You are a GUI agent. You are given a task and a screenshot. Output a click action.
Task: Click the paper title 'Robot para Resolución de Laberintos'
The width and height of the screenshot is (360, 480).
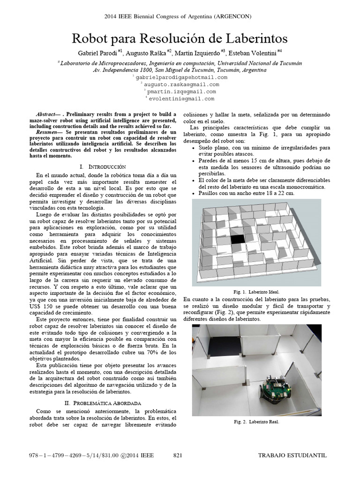point(180,37)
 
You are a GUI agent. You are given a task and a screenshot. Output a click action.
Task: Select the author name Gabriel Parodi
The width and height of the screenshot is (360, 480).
point(95,52)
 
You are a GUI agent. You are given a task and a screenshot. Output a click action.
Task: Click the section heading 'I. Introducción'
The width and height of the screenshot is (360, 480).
point(104,166)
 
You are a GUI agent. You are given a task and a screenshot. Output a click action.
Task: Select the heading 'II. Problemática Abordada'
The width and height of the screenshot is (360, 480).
point(104,403)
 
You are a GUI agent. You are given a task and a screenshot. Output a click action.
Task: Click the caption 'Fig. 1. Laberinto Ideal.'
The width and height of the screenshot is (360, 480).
point(256,291)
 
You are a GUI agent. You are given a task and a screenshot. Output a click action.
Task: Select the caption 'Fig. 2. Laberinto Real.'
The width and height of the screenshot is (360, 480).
point(256,422)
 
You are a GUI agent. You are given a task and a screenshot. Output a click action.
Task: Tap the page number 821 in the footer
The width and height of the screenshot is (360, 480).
point(178,455)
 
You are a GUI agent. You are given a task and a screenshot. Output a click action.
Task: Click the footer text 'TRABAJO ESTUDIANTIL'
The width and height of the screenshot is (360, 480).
point(292,455)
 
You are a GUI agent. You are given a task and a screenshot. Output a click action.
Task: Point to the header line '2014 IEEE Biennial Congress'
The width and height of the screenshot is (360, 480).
point(180,16)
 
